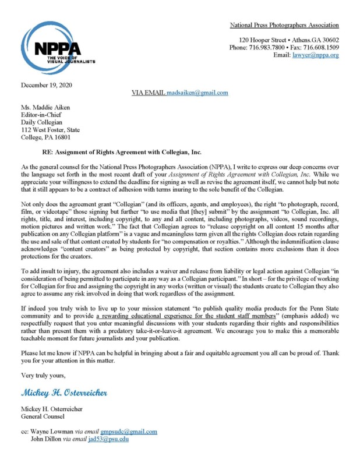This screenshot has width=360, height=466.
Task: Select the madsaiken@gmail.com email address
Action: (197, 93)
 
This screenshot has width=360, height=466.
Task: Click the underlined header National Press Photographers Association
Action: (284, 25)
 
